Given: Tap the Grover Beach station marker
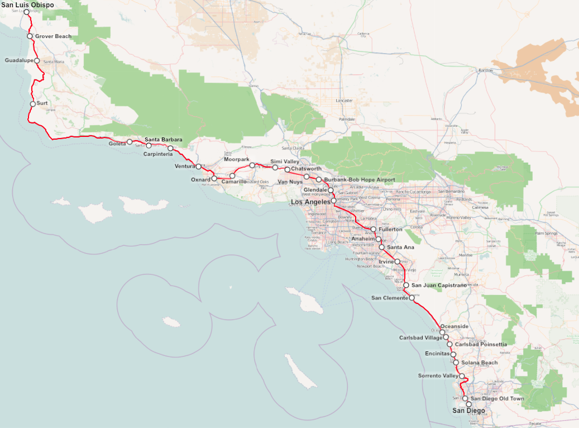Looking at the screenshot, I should (30, 36).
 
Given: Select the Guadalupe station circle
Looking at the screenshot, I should (37, 60).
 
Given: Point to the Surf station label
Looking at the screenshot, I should (42, 103).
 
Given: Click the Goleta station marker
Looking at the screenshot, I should (130, 142).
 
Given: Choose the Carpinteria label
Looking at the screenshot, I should (158, 154).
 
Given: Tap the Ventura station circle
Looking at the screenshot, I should (198, 167).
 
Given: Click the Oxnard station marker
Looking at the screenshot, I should (214, 179).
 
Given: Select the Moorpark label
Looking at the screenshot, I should (236, 159).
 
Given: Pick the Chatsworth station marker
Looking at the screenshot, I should (288, 169).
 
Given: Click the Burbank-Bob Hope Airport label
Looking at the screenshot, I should (360, 179).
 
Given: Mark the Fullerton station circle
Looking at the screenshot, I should (374, 229).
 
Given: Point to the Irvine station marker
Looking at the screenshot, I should (398, 261).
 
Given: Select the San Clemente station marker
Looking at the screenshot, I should (412, 298).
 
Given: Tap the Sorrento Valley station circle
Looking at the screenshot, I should (462, 375).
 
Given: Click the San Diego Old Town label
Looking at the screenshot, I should (497, 399).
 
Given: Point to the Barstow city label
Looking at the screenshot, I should (486, 70).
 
